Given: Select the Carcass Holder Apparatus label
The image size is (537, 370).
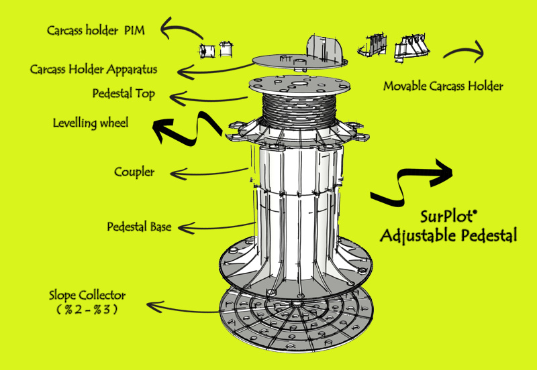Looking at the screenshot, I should click(93, 69).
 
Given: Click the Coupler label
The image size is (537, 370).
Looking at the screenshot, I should click(134, 172).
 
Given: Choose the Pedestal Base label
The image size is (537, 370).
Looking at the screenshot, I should click(140, 227).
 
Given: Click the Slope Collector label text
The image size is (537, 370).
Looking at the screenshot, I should click(87, 295).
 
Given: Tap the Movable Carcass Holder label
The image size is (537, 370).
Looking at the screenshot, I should click(443, 86).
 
